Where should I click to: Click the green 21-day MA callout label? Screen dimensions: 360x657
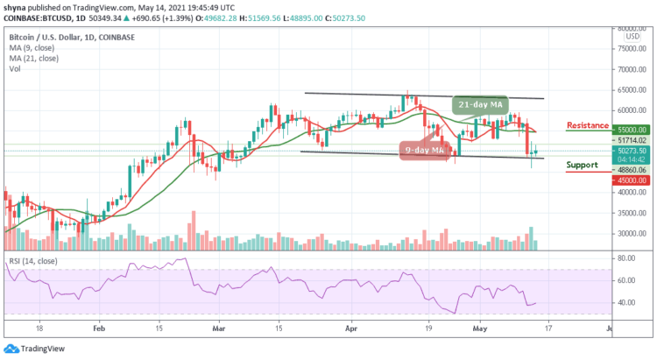[478, 104]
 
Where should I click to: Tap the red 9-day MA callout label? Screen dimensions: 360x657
[426, 150]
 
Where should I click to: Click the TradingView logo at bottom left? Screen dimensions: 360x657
[37, 348]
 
